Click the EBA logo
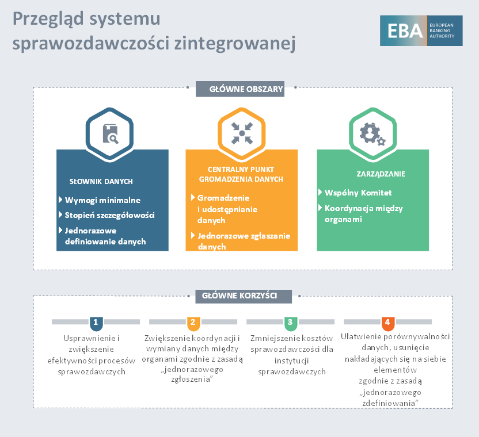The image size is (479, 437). [421, 30]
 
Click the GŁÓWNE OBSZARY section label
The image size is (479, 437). [240, 89]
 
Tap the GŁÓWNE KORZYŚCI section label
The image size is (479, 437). [244, 296]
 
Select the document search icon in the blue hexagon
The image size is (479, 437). [111, 133]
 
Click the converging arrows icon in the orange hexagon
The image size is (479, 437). [242, 133]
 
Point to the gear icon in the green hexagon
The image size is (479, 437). [372, 134]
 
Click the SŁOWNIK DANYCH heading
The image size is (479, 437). [101, 182]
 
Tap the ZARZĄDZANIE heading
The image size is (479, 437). [381, 174]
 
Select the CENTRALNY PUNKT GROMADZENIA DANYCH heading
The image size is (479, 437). [241, 174]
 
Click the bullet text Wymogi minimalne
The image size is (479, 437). [102, 200]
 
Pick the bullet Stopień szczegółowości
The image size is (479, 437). [109, 215]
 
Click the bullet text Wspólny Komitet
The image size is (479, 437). [358, 193]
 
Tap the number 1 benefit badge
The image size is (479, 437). [96, 324]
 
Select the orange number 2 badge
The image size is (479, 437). [193, 324]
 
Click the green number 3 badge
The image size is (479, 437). [291, 324]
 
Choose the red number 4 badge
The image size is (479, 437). [387, 324]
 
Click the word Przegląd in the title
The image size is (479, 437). [48, 20]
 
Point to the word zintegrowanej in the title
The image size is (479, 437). [235, 43]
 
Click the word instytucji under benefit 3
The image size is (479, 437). [292, 361]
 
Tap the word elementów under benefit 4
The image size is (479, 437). [396, 370]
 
